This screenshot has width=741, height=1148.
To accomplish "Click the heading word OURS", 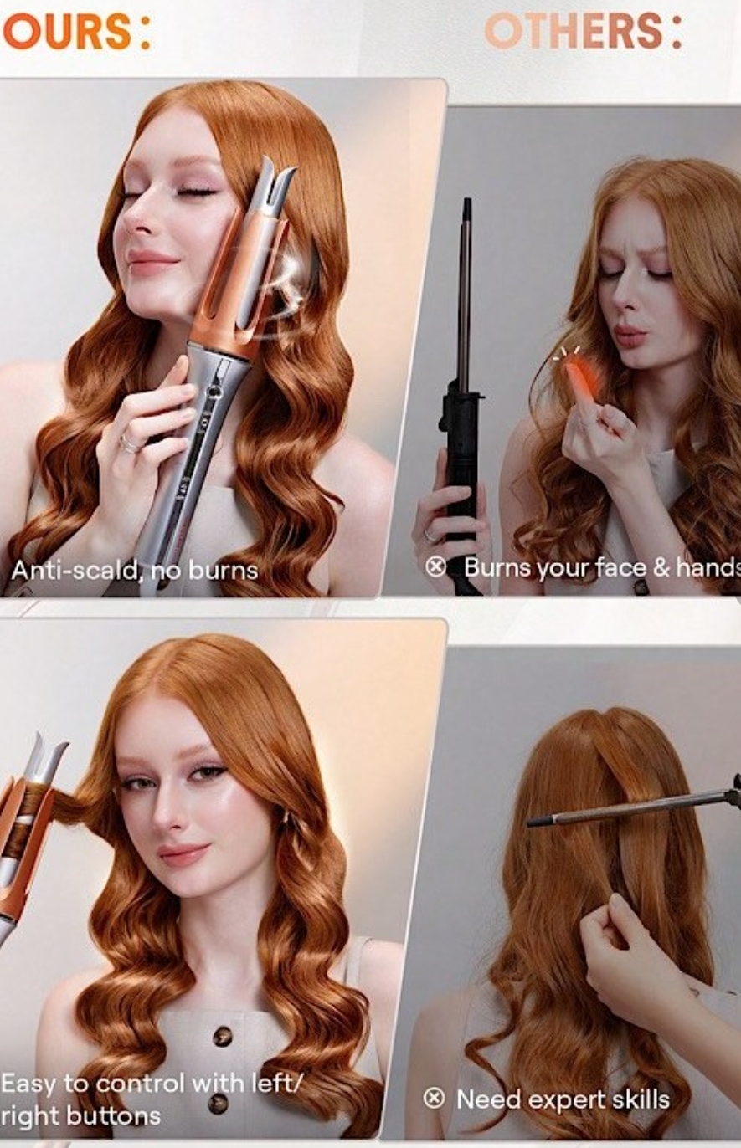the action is tap(67, 31).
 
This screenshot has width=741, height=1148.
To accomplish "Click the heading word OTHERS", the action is tap(574, 31).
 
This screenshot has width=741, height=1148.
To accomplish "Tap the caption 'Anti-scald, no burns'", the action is tap(134, 571).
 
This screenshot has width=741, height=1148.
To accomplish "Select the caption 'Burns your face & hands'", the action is tap(602, 568).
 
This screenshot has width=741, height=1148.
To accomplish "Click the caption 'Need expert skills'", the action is tap(563, 1099).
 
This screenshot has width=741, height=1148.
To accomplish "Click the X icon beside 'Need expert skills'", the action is tap(434, 1099).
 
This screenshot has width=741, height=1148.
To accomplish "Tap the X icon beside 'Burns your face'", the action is tap(436, 567).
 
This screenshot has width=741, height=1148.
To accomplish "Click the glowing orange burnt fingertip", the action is tap(579, 380).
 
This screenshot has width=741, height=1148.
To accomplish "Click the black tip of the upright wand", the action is tap(467, 210).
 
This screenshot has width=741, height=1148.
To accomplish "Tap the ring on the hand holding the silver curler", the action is tap(128, 443).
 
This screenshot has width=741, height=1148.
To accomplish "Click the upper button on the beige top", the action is tap(222, 1035).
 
